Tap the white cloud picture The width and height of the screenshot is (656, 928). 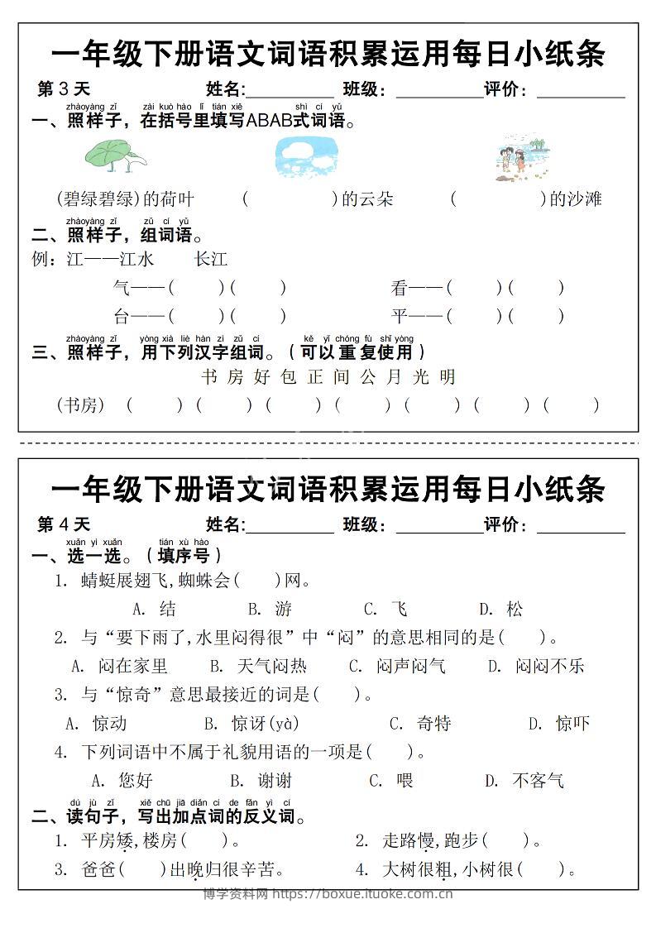(306, 156)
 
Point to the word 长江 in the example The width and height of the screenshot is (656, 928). (210, 260)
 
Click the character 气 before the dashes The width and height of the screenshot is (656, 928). (122, 288)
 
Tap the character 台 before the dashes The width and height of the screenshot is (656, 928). (122, 316)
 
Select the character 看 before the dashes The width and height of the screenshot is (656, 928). (400, 288)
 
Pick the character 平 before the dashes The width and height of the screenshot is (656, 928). (400, 316)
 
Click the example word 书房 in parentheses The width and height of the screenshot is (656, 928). (80, 405)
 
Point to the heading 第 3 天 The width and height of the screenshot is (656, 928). (64, 89)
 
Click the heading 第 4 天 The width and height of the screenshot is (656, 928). (64, 524)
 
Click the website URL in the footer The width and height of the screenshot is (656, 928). (362, 893)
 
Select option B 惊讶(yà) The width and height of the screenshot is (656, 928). (264, 724)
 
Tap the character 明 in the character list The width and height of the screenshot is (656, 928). (448, 377)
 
